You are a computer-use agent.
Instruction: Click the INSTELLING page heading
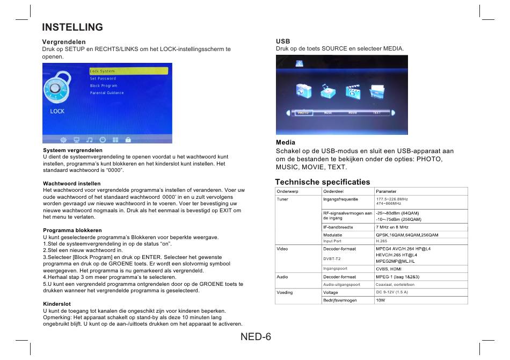pos(72,27)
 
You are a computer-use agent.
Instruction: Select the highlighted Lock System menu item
pos(128,71)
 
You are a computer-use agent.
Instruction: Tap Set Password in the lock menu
pos(103,78)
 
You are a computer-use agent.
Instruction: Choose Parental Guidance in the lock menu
pos(107,93)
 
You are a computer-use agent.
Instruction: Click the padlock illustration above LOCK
pos(56,88)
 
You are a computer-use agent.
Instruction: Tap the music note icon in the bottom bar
pos(89,139)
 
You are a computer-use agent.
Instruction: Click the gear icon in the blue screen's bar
pos(63,139)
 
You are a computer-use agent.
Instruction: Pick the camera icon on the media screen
pos(304,91)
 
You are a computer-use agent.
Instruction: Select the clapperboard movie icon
pos(353,91)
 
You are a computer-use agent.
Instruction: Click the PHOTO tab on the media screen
pos(303,113)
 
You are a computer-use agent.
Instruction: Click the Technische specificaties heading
pos(323,182)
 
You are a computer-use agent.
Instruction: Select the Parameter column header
pos(387,191)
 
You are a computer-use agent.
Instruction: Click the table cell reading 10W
pos(381,300)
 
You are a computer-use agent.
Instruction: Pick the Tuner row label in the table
pos(282,199)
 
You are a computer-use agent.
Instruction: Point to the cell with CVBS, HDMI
pos(389,269)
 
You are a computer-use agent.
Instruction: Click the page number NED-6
pos(256,337)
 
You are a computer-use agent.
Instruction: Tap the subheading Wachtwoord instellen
pos(71,184)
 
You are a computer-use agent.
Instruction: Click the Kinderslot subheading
pos(57,304)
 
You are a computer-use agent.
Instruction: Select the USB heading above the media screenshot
pos(283,41)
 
